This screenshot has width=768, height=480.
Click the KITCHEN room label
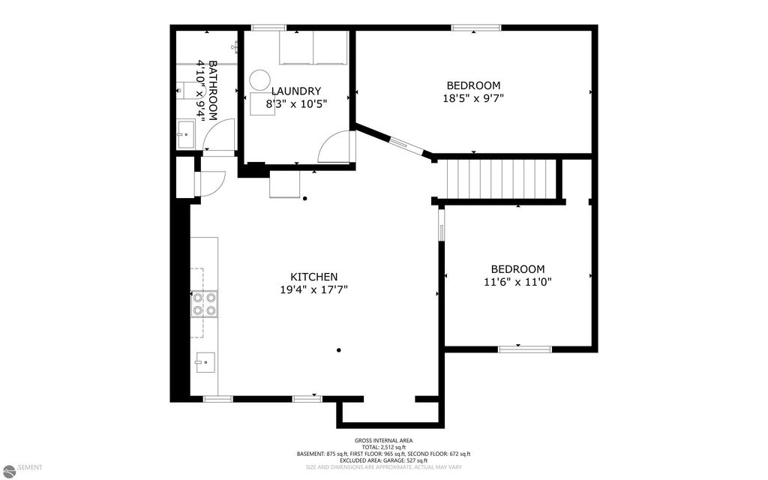[313, 277]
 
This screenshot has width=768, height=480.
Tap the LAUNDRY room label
[295, 91]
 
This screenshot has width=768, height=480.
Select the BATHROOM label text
[213, 90]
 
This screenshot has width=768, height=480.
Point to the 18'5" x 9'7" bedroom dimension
[473, 97]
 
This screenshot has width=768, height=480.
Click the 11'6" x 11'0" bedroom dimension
[517, 282]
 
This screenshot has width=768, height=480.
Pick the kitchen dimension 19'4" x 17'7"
[313, 289]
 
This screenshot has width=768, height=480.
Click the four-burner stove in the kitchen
[204, 303]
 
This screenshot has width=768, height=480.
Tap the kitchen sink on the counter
[204, 362]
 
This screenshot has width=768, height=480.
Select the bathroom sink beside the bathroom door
[184, 136]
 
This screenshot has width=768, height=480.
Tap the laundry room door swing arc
[334, 147]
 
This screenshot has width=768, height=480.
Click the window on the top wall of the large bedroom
[476, 28]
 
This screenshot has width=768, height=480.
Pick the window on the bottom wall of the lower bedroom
[525, 349]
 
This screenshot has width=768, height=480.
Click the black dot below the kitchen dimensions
[339, 349]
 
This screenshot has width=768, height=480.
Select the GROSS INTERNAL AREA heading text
[383, 440]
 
